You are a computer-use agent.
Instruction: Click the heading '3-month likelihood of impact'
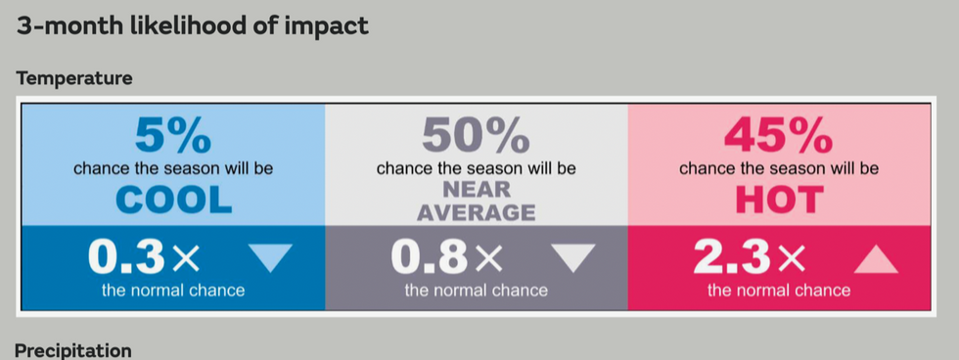[192, 26]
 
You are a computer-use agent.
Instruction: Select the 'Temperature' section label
[73, 78]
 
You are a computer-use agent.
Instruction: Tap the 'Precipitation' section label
[73, 349]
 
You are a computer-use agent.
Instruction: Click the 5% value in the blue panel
[173, 135]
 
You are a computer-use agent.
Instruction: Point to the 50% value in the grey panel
[476, 135]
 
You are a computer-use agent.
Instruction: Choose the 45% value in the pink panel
[778, 135]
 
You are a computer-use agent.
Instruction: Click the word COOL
[173, 201]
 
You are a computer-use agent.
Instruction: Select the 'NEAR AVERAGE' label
[476, 201]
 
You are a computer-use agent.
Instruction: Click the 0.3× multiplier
[144, 257]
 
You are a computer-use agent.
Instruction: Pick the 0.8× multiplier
[447, 257]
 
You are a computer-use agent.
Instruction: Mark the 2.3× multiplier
[750, 257]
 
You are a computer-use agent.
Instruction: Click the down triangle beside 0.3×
[270, 257]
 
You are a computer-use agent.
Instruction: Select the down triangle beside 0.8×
[572, 257]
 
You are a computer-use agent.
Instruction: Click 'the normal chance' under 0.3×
[173, 291]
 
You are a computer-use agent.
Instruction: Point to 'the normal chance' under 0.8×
[476, 291]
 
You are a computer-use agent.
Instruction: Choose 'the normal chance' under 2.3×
[778, 291]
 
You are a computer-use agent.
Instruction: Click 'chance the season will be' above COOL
[173, 168]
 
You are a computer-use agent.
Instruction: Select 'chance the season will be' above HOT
[778, 168]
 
